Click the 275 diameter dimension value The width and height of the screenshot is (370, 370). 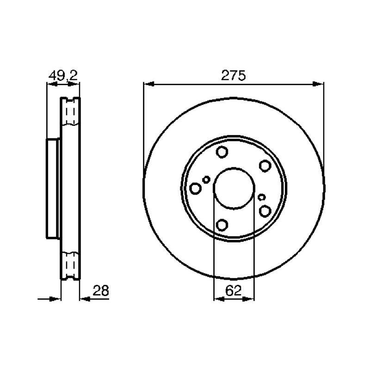click(x=233, y=75)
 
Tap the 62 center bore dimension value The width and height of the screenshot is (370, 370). click(x=234, y=290)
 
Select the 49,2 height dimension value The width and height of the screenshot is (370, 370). click(x=63, y=75)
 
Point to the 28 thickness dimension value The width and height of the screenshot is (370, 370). click(x=101, y=290)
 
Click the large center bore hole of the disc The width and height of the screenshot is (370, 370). click(x=234, y=188)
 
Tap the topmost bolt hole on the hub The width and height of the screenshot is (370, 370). click(x=222, y=152)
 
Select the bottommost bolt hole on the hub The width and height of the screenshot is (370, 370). click(x=222, y=225)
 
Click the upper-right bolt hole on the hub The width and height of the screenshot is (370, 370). click(x=265, y=166)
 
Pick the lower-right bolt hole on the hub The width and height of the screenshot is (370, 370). click(x=265, y=211)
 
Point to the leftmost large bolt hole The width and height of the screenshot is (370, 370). click(x=195, y=189)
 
